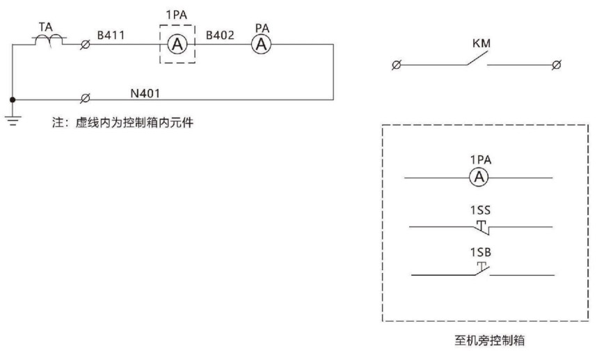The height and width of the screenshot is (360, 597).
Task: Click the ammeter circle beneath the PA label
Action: [261, 44]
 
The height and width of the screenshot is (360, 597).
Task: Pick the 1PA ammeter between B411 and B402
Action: [177, 44]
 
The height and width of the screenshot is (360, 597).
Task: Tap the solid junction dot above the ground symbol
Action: [13, 100]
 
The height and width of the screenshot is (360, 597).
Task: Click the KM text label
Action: [480, 43]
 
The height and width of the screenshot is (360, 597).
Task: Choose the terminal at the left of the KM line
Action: [397, 66]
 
